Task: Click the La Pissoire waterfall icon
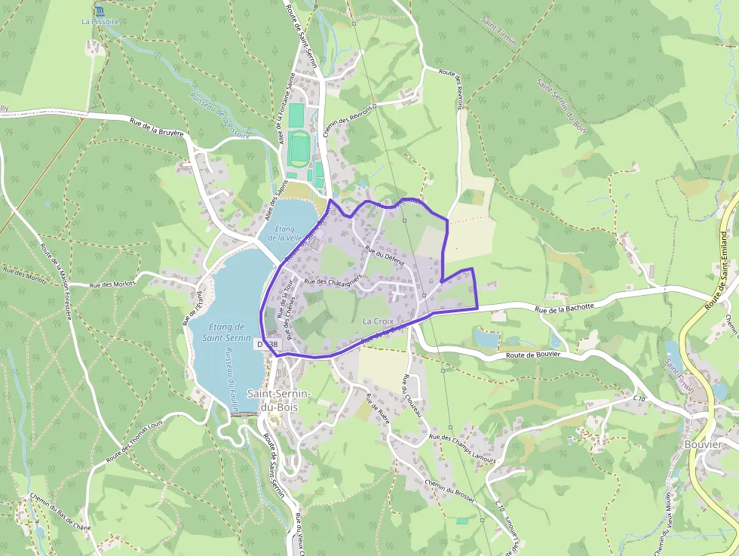click(x=100, y=11)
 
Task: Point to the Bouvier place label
click(x=702, y=444)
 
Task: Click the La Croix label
click(x=378, y=321)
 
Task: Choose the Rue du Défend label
click(x=385, y=258)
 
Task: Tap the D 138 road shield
click(x=267, y=344)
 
